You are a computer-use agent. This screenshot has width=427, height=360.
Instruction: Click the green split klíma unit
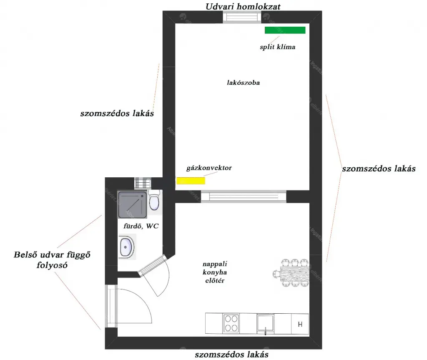click(x=285, y=30)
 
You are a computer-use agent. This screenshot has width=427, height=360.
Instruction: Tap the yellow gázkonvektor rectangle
click(x=191, y=180)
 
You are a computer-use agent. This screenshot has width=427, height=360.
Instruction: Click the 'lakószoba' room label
click(x=243, y=83)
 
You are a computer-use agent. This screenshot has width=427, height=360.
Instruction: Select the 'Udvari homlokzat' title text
click(x=243, y=6)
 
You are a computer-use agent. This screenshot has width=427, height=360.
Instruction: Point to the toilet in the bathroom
click(x=154, y=200)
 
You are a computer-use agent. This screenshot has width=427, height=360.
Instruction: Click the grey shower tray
click(x=132, y=205)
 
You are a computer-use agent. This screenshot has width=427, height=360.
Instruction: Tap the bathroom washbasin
click(x=126, y=247)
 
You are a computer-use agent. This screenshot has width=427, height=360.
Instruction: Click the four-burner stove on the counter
click(x=231, y=323)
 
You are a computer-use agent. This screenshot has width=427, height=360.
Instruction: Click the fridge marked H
click(x=300, y=324)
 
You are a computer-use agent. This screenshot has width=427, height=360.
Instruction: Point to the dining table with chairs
click(x=291, y=273)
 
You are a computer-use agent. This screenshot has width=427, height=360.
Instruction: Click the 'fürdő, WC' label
click(x=141, y=226)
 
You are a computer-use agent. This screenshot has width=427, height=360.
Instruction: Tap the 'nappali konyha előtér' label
click(x=215, y=272)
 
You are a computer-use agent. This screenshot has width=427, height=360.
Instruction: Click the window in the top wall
click(x=242, y=17)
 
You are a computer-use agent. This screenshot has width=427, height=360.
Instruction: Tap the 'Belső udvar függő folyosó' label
click(x=52, y=260)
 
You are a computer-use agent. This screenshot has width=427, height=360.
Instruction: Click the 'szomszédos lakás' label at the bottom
click(x=231, y=355)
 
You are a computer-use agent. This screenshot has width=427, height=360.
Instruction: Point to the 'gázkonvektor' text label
click(x=209, y=168)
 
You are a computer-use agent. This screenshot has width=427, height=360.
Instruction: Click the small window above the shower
click(x=143, y=183)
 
